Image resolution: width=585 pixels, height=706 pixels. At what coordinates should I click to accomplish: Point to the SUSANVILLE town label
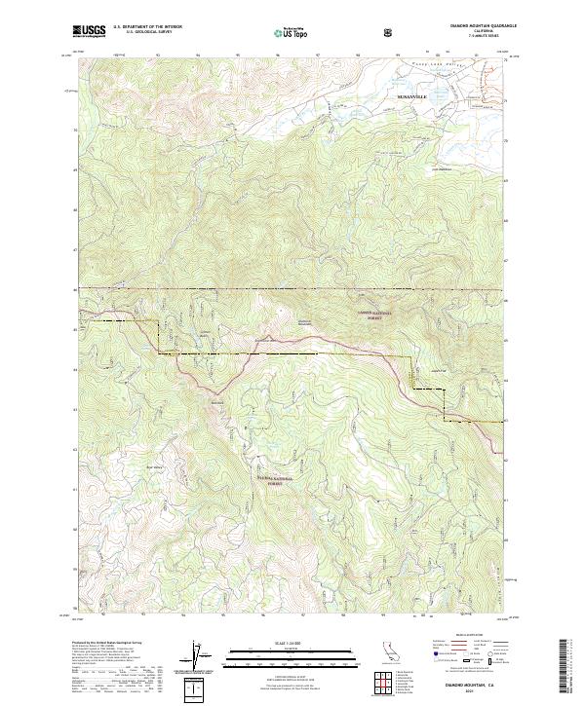(x=412, y=98)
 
